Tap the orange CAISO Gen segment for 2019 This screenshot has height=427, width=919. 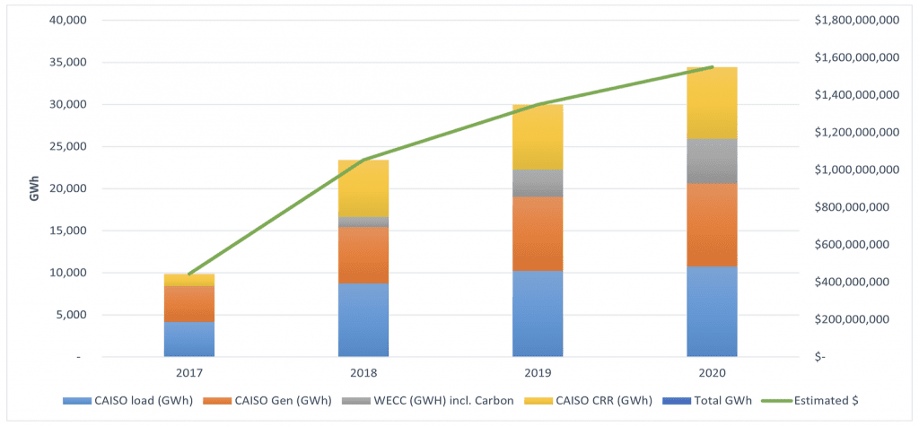(538, 233)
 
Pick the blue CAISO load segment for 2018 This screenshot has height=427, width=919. (363, 319)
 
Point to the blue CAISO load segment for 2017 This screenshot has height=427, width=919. (188, 339)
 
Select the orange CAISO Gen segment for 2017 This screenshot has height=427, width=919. (188, 304)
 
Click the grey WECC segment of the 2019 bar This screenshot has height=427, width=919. (538, 183)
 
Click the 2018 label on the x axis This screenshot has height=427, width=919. (363, 371)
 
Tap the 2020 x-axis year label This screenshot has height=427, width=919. (712, 371)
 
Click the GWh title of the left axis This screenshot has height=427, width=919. (34, 187)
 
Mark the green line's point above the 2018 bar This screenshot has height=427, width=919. (363, 160)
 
